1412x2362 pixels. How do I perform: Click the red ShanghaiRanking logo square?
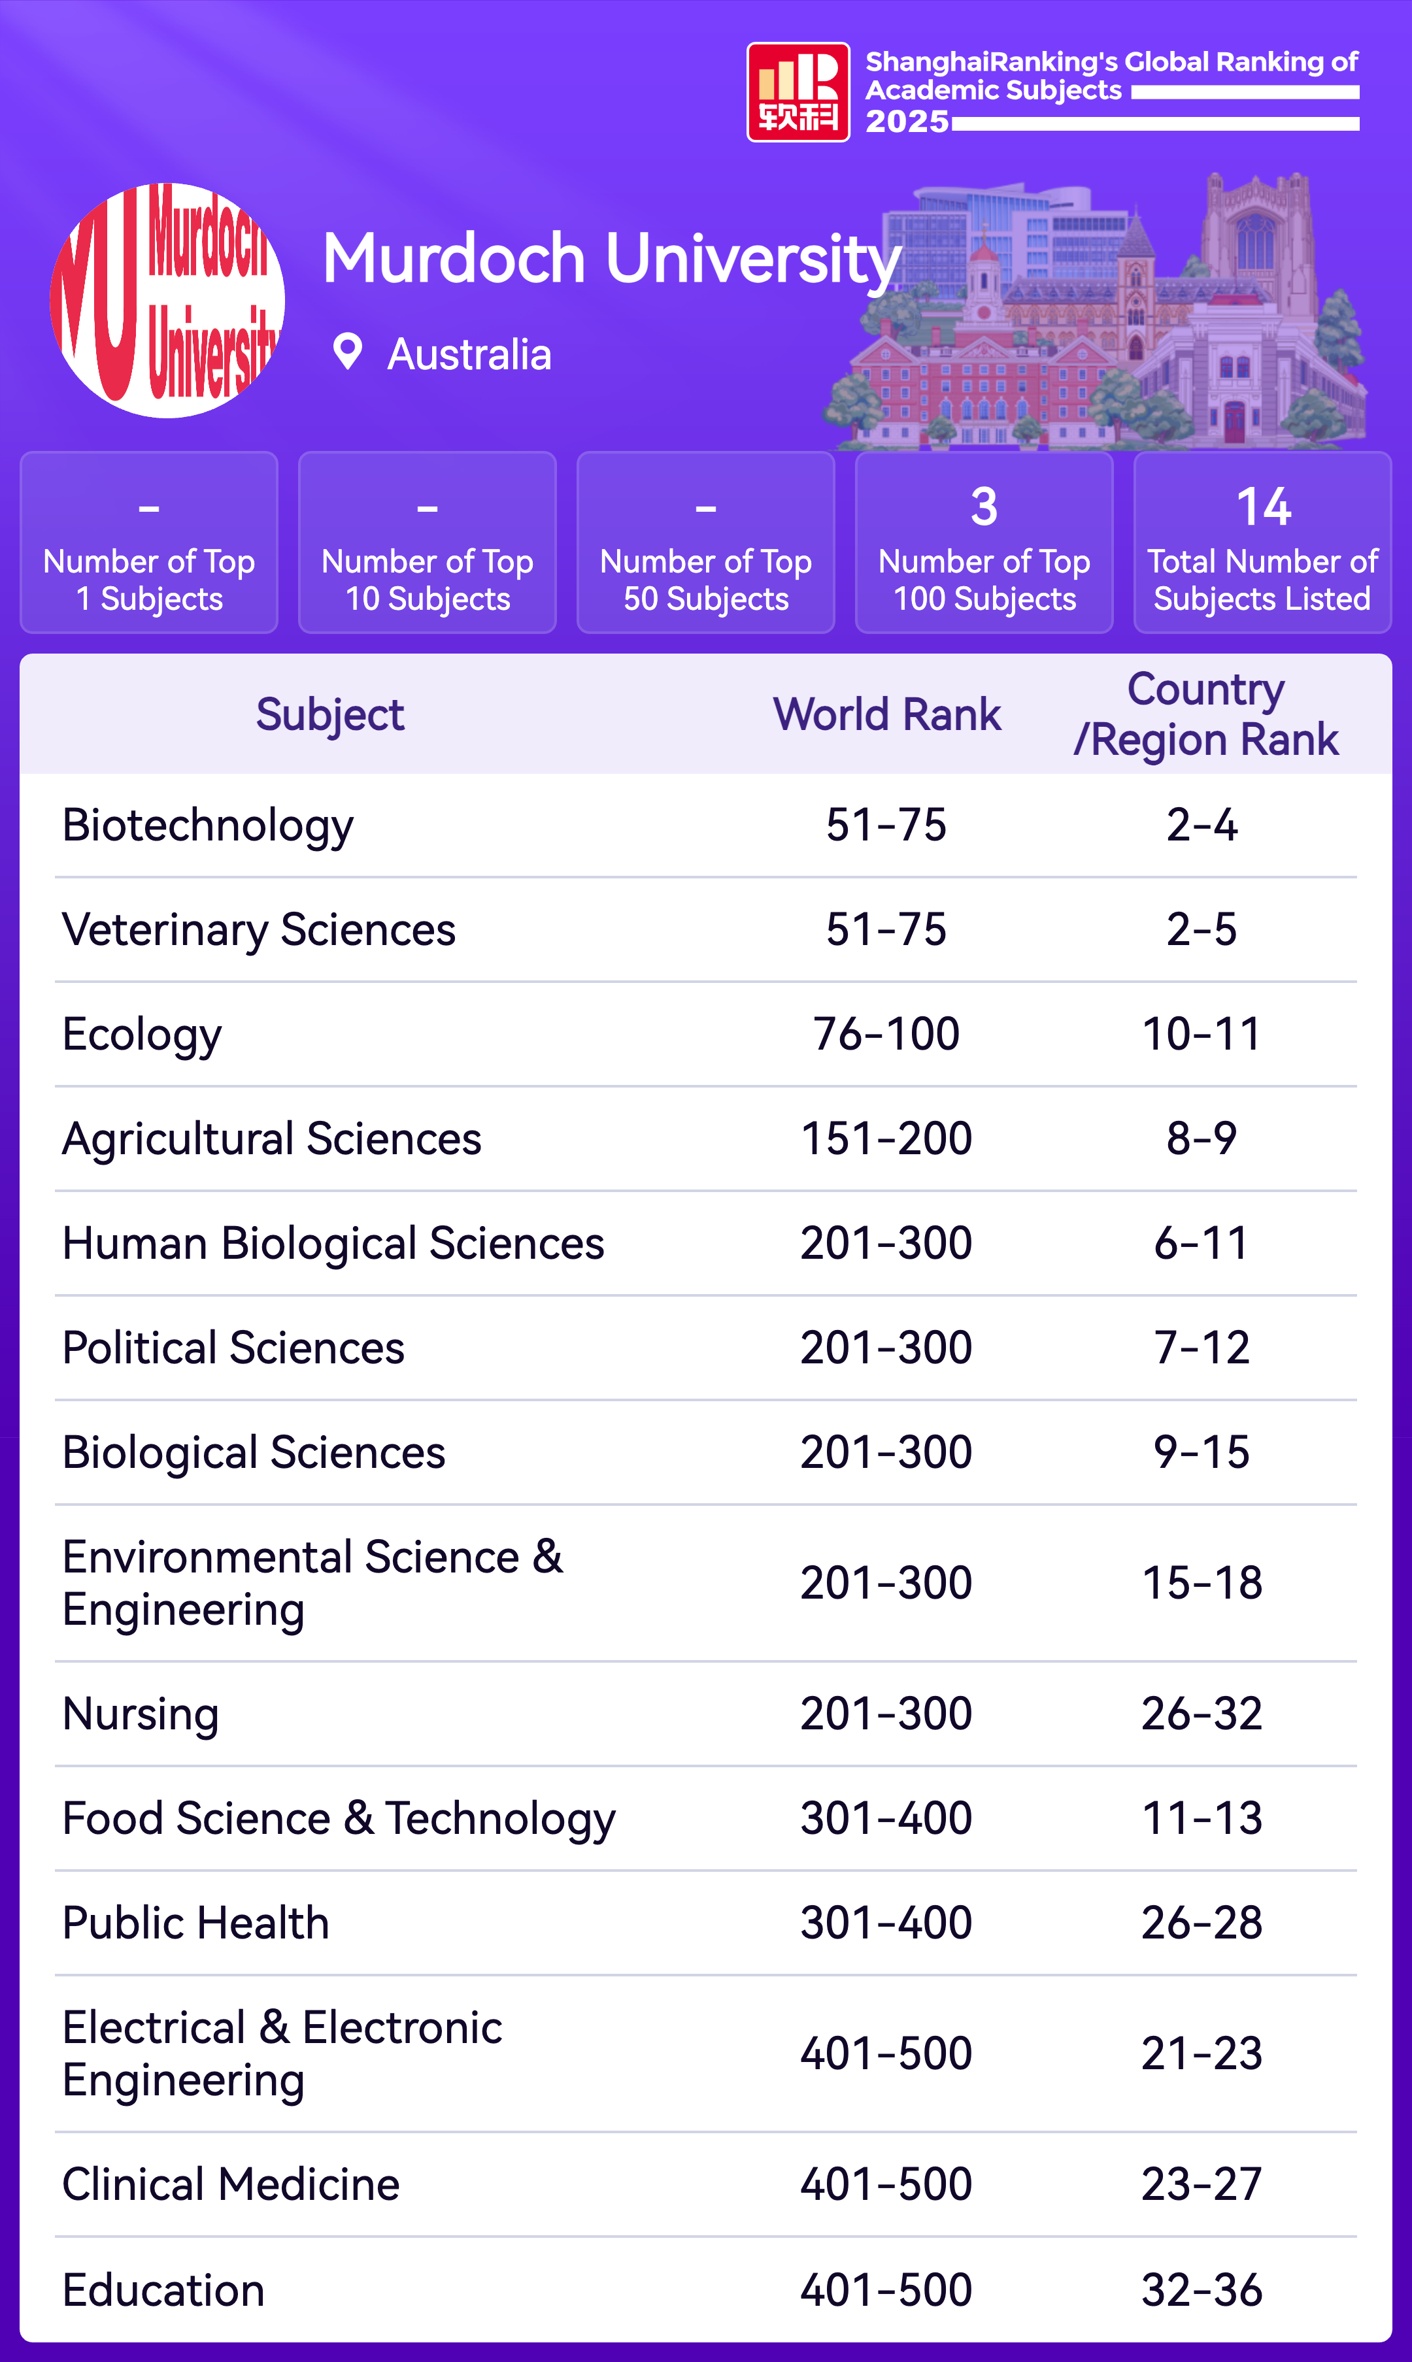coord(798,92)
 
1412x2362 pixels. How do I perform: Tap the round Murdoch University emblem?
coord(167,301)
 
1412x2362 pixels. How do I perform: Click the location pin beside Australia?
coord(347,352)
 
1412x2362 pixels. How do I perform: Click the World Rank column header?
coord(887,714)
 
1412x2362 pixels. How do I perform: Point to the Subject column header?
coord(329,714)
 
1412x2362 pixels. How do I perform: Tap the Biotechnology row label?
coord(207,825)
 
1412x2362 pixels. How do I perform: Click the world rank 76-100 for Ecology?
coord(886,1034)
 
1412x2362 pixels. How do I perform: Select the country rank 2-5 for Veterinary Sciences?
coord(1202,929)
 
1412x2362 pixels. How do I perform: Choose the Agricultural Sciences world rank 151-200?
coord(886,1139)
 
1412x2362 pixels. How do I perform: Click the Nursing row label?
coord(141,1714)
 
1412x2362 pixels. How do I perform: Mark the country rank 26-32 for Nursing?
coord(1202,1714)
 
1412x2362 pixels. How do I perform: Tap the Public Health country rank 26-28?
coord(1202,1923)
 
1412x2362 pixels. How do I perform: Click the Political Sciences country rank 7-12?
coord(1202,1348)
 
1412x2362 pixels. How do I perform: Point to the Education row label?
coord(163,2289)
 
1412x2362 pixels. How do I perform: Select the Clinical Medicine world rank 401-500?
coord(886,2184)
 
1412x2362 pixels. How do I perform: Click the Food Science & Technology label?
coord(339,1819)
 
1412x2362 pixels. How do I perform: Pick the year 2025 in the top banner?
coord(907,122)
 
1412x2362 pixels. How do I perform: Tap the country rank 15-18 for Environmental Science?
coord(1202,1583)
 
